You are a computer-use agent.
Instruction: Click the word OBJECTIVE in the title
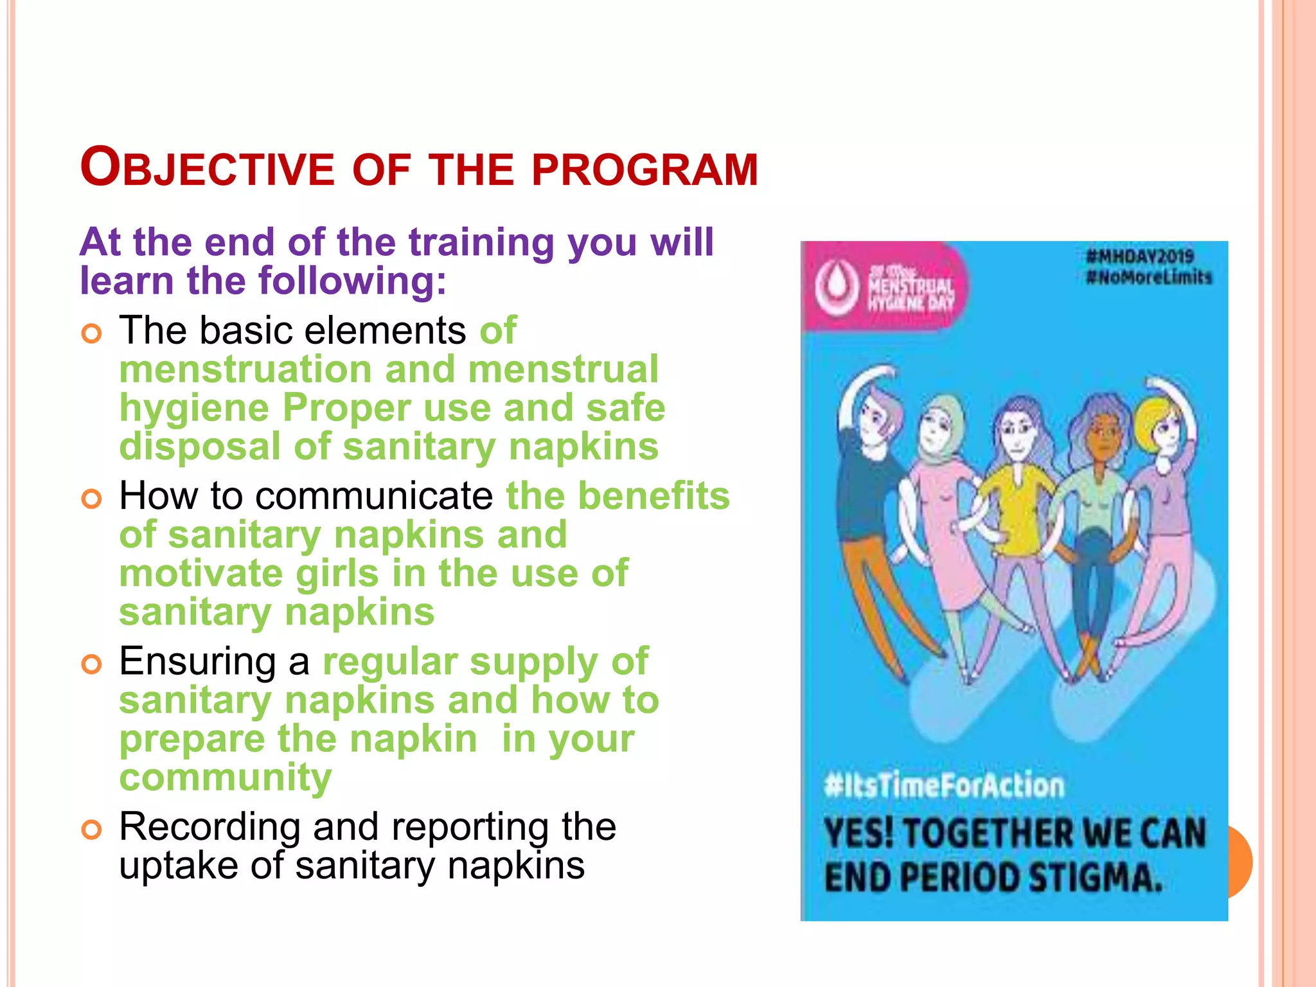click(x=207, y=169)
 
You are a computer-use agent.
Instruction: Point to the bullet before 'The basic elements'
click(x=92, y=333)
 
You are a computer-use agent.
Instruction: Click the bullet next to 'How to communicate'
click(x=92, y=499)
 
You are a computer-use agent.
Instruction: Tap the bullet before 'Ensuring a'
click(x=92, y=664)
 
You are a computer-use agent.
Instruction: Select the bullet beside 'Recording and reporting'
click(x=92, y=830)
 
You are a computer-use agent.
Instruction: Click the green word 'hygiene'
click(x=193, y=409)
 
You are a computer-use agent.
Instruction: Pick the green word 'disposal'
click(x=200, y=447)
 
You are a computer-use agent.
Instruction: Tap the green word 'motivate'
click(x=200, y=573)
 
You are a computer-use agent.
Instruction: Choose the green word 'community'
click(x=226, y=778)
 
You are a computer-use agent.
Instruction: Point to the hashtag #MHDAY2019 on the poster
click(x=1140, y=257)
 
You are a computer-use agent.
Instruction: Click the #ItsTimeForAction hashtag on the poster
click(x=944, y=786)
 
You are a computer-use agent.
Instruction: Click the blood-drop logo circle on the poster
click(x=837, y=287)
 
